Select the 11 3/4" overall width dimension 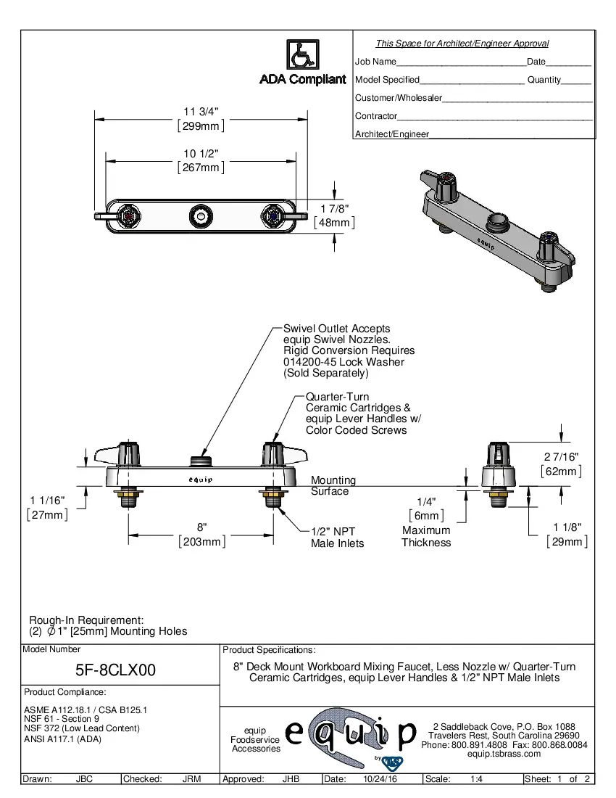pos(201,111)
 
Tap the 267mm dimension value pos(201,168)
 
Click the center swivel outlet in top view pos(201,215)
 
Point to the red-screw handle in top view pos(130,215)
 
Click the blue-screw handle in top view pos(272,215)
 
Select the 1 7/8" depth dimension pos(333,210)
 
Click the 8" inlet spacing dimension pos(202,527)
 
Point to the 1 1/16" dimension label pos(48,501)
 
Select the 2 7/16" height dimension pos(561,456)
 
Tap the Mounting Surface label pos(333,485)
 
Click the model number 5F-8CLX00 pos(116,670)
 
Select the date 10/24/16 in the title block pos(380,779)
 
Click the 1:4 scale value pos(477,779)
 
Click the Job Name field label pos(375,62)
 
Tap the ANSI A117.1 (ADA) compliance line pos(62,739)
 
